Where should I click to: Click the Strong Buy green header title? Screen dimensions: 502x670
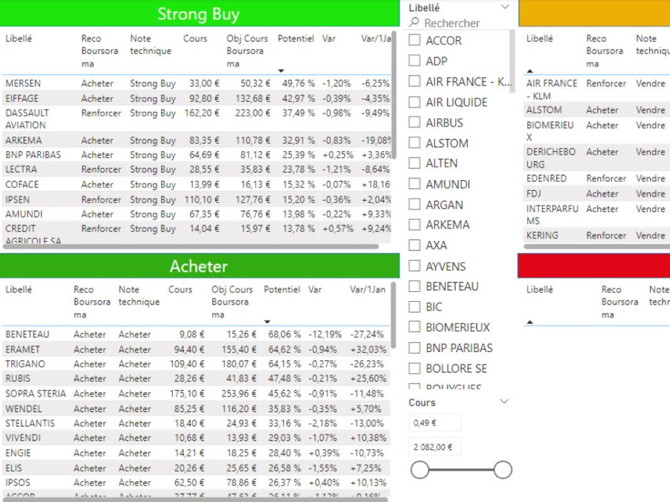pos(198,14)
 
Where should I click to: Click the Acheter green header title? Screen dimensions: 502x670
pos(198,266)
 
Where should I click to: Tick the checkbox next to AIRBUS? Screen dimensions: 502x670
pos(415,122)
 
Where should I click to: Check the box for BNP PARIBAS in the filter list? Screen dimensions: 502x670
pos(415,348)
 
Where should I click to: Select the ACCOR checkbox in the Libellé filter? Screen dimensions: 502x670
pos(415,40)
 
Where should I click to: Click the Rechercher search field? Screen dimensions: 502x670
pos(456,23)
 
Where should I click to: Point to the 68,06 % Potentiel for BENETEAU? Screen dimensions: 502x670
pos(282,335)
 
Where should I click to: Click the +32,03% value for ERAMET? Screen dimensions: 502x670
pos(368,349)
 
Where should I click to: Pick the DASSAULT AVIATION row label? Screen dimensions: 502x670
pos(27,119)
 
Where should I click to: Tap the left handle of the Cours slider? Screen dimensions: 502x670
pos(419,470)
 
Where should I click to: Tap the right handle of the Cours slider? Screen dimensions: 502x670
pos(503,470)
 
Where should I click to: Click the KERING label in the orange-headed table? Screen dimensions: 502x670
pos(542,236)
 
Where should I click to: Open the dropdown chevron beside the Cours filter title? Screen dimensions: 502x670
pos(505,402)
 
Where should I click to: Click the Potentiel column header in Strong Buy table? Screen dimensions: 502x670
pos(295,39)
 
